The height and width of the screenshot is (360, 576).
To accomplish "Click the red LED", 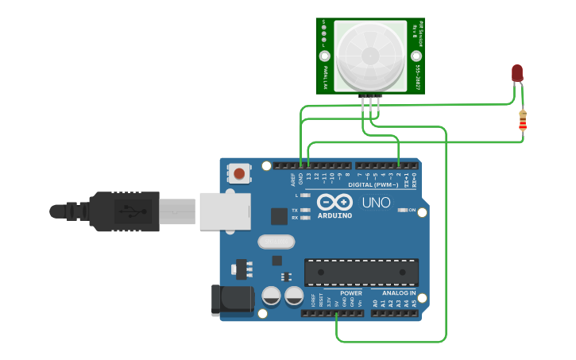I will tap(517, 74).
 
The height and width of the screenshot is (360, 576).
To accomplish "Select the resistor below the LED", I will tap(522, 121).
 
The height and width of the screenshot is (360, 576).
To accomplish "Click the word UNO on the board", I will tap(377, 203).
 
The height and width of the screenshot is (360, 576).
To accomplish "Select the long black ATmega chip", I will tap(361, 272).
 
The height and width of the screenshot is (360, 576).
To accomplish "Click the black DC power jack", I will tap(232, 300).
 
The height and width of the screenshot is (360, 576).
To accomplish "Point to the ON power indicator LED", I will tap(402, 211).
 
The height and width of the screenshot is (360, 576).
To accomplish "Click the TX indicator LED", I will tap(305, 210).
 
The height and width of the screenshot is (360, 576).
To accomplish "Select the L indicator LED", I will tap(305, 195).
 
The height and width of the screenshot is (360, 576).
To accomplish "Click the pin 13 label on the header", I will tap(307, 175).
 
